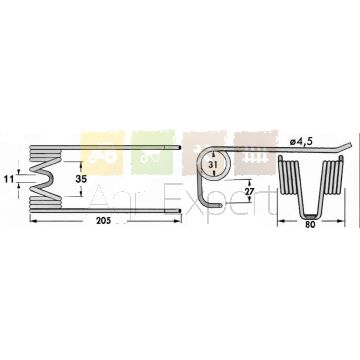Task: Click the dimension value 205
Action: pos(103,222)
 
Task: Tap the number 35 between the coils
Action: pos(81,179)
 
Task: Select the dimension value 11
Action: pos(9,179)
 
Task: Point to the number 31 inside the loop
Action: pos(214,165)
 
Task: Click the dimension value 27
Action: pos(250,191)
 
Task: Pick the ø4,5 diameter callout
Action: pos(301,142)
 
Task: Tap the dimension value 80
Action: pos(310,225)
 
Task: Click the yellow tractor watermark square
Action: pos(102,153)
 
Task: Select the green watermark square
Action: pos(153,152)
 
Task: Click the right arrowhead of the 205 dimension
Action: pos(179,220)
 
